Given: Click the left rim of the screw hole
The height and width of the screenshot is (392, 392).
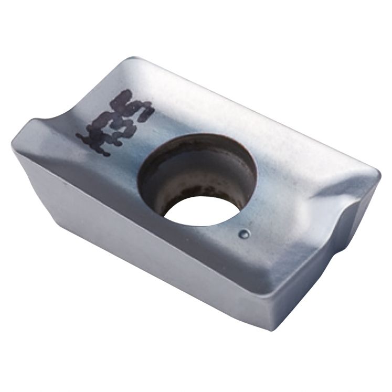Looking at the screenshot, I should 141,178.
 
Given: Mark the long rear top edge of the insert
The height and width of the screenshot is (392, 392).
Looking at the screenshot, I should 252,105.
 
